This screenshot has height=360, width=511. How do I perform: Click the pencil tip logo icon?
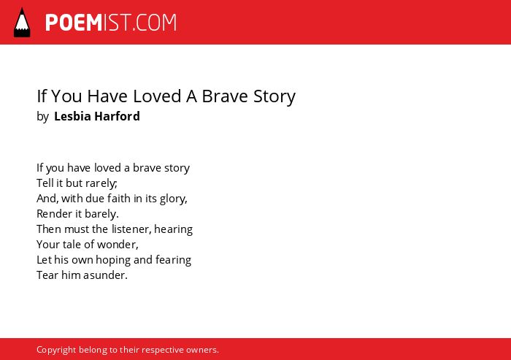coord(22,23)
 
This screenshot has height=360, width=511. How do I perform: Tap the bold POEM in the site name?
coord(74,23)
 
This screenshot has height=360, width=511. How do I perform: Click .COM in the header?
coord(155,23)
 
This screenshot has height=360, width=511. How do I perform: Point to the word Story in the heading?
coord(274,97)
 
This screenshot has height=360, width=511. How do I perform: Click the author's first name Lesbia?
coord(72,116)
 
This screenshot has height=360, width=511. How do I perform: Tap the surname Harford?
coord(118,116)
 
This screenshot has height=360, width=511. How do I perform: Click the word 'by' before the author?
coord(42,117)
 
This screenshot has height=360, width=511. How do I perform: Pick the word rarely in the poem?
coord(101,183)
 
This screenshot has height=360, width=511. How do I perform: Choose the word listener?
coord(131,229)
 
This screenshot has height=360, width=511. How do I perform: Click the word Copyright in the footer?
coord(56,351)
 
